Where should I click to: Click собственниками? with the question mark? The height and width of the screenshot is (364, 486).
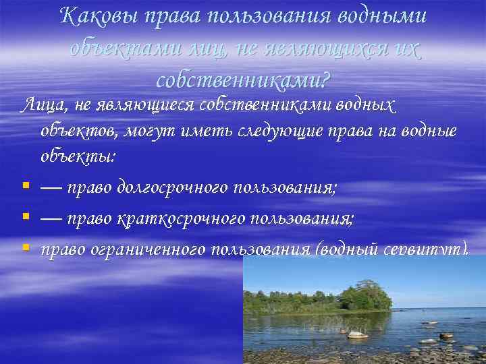pyautogui.click(x=243, y=80)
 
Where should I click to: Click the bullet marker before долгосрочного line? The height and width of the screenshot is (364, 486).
pyautogui.click(x=25, y=187)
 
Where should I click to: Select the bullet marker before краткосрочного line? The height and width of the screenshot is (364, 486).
pyautogui.click(x=25, y=218)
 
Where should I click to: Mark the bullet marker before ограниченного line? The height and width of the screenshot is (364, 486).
pyautogui.click(x=25, y=248)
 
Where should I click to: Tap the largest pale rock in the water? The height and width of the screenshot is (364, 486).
pyautogui.click(x=357, y=334)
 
